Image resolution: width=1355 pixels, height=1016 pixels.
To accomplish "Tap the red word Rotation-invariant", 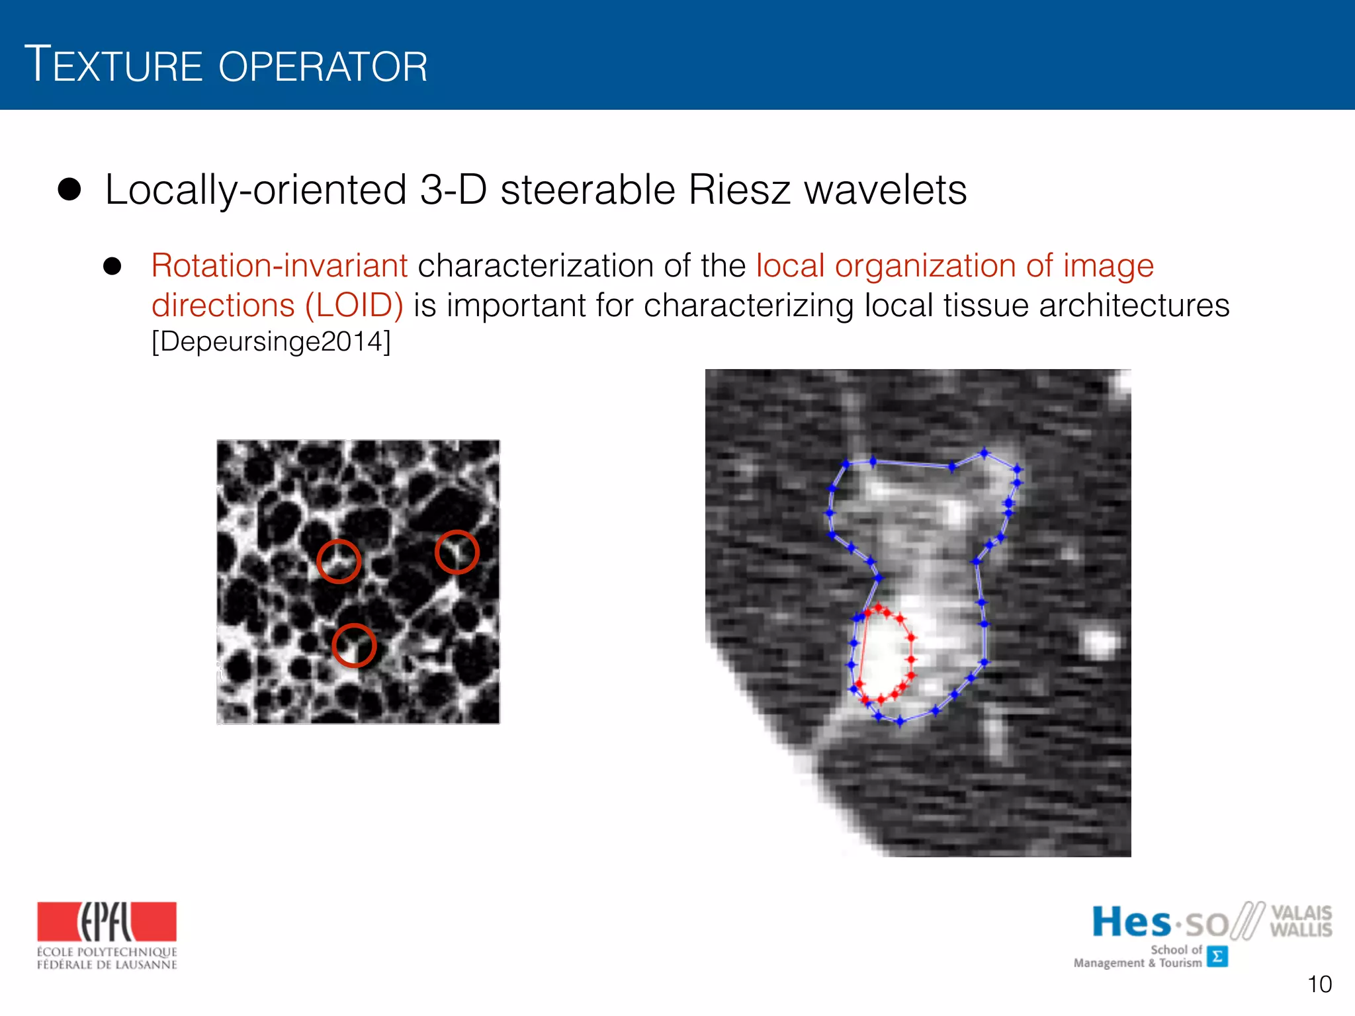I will [279, 266].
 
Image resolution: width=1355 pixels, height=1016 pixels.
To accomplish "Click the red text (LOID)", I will [354, 306].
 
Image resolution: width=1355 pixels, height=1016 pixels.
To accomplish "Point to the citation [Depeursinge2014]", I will [271, 342].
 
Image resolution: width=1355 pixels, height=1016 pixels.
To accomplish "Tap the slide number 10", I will [1319, 984].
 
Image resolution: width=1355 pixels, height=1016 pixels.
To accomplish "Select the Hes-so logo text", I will [1160, 922].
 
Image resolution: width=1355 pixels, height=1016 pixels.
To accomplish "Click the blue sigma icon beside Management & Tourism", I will [1217, 956].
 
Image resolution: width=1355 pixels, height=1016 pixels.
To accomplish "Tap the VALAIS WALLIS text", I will [1300, 921].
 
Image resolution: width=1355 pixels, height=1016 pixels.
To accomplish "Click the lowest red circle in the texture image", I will [354, 646].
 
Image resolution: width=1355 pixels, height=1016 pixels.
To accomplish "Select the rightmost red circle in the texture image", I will [457, 552].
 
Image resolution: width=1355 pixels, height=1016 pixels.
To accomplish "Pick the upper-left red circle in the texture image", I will [339, 561].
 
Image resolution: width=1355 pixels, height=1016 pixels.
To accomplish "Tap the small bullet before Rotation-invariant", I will [112, 266].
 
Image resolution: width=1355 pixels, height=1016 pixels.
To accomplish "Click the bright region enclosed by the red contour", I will [883, 655].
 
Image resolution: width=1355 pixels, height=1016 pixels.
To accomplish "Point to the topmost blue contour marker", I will [984, 453].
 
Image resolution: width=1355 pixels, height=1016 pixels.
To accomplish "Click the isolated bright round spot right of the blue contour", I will [1099, 642].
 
